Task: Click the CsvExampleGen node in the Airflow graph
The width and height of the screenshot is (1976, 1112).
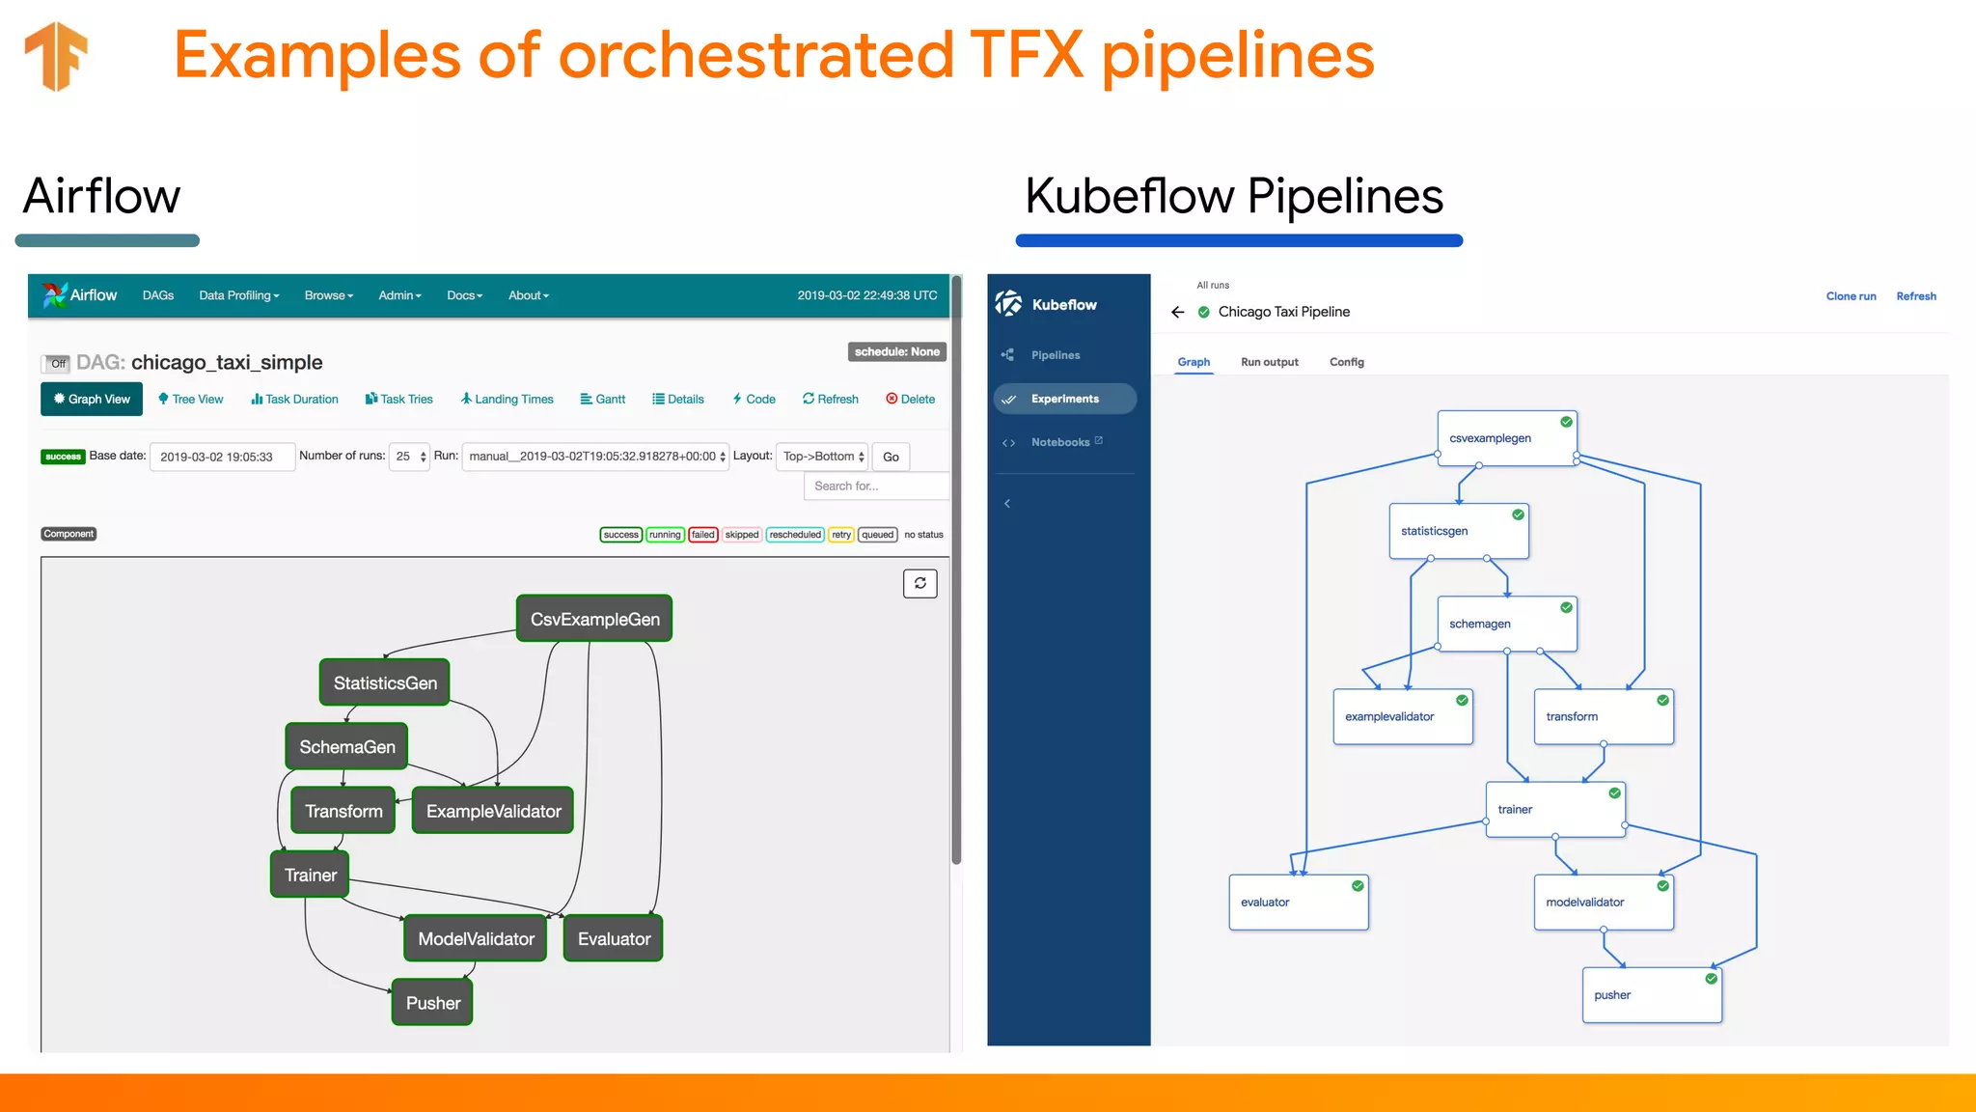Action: [x=594, y=619]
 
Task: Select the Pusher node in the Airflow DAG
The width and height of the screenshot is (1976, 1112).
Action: [x=432, y=1003]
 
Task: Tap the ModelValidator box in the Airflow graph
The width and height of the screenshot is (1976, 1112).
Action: [x=476, y=938]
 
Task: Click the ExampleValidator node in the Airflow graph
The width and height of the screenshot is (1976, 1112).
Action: [x=493, y=811]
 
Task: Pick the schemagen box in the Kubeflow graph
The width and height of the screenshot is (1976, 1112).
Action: [x=1506, y=624]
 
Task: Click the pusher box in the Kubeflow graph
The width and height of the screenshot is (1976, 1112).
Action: [x=1651, y=995]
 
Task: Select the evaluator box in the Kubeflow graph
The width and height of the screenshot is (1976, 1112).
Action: [x=1298, y=903]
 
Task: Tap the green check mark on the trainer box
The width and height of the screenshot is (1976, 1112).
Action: [x=1614, y=793]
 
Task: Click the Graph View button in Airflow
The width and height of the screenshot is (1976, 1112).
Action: [x=92, y=399]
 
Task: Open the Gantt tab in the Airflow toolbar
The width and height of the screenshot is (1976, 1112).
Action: [x=603, y=399]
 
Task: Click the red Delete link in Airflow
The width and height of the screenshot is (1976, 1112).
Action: [x=911, y=399]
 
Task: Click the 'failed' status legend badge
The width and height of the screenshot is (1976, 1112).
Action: [x=703, y=535]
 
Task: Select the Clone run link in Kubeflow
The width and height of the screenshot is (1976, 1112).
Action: [x=1851, y=296]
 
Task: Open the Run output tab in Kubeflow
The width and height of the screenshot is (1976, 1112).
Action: [x=1269, y=362]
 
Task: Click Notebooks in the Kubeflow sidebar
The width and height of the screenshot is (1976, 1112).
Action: [x=1060, y=442]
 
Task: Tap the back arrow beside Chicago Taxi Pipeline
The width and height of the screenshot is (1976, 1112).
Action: [x=1177, y=312]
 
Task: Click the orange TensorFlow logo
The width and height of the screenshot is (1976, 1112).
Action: [x=57, y=56]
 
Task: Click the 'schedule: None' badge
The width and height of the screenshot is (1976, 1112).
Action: [x=896, y=351]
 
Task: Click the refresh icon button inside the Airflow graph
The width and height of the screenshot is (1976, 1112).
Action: [x=919, y=583]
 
